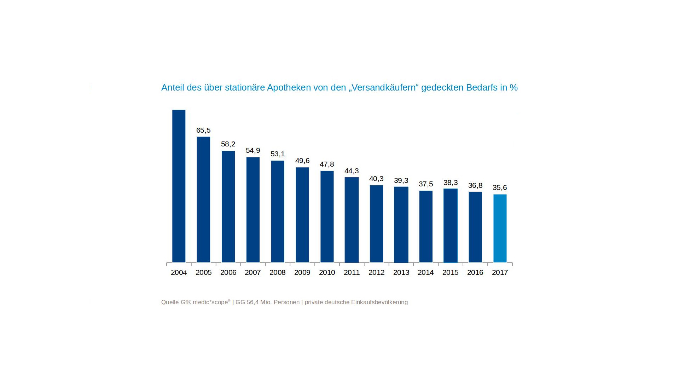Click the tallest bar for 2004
coord(179,186)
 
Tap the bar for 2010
coord(327,216)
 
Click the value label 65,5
coord(203,131)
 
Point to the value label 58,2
coord(228,144)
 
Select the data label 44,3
coord(352,171)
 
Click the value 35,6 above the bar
coord(500,188)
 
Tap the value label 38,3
coord(451,183)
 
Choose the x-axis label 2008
coord(277,273)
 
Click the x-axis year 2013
coord(401,273)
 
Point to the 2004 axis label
coord(179,273)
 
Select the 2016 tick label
coord(475,273)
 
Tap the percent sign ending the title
coord(513,88)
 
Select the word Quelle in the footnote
coord(170,302)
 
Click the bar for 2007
coord(253,210)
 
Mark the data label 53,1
coord(278,154)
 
